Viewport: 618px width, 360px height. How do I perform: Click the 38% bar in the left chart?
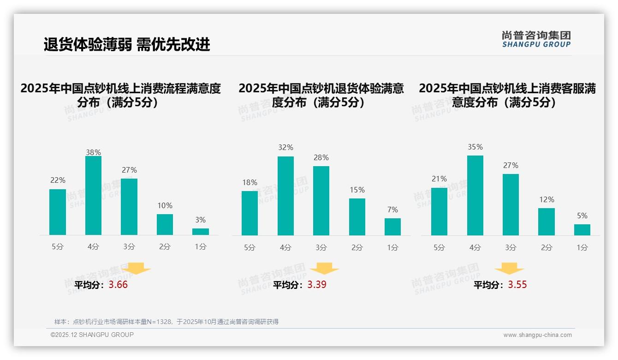pos(93,196)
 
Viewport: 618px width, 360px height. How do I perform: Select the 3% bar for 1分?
pos(201,232)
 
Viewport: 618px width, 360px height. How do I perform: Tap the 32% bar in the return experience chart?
pos(285,196)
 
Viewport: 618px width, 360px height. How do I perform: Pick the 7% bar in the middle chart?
pos(392,227)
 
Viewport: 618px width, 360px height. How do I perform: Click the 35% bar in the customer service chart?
pos(475,196)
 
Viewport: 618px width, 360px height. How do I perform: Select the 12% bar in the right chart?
pos(547,222)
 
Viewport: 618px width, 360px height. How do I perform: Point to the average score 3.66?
pos(118,285)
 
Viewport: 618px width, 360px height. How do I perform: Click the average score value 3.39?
pos(317,285)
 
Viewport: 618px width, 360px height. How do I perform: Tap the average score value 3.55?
pos(517,285)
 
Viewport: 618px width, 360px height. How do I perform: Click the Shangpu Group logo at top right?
pos(536,39)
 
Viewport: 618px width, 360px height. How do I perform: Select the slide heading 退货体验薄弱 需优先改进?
pos(127,44)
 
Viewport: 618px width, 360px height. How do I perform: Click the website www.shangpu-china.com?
pos(537,335)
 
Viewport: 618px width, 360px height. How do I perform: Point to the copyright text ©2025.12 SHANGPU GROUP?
pos(92,335)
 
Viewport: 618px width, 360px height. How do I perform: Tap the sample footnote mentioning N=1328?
pos(166,322)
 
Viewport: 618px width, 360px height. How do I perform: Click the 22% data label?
pos(58,180)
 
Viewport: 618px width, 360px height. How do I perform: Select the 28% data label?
pos(321,158)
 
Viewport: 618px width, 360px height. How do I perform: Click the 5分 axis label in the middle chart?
pos(250,247)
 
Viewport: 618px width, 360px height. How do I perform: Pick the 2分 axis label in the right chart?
pos(547,247)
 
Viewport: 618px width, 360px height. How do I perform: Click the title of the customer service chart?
pos(507,95)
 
